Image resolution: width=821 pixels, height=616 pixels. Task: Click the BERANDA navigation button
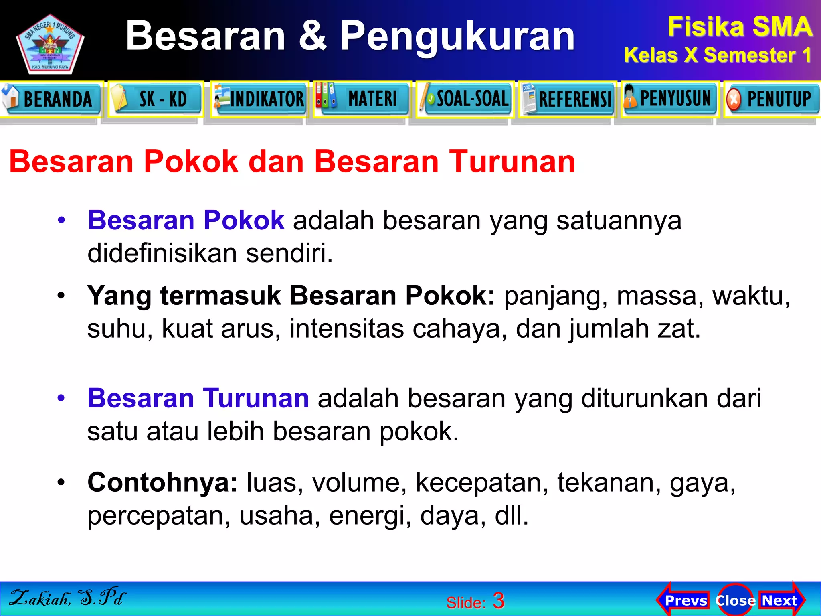[x=51, y=99]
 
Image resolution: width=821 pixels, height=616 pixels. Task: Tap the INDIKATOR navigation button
[x=260, y=99]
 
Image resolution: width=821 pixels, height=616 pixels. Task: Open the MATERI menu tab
[x=362, y=99]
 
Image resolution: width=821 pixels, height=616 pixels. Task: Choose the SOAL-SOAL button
[x=465, y=99]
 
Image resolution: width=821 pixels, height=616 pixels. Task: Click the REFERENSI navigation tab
[x=568, y=99]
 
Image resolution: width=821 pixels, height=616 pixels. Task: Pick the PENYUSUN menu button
[x=670, y=99]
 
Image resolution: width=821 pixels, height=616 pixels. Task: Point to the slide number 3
[x=499, y=601]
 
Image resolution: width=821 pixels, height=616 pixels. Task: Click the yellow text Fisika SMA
[x=740, y=27]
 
